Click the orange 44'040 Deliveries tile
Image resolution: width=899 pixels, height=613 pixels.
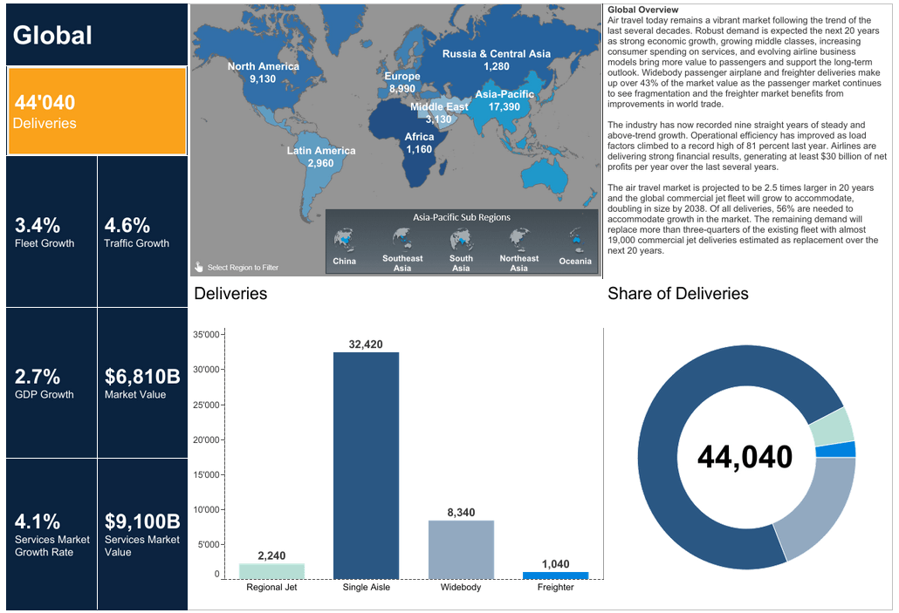pyautogui.click(x=96, y=112)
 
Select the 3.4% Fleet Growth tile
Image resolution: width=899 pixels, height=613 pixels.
pyautogui.click(x=51, y=232)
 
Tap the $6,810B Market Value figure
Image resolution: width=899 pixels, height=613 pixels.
pyautogui.click(x=142, y=377)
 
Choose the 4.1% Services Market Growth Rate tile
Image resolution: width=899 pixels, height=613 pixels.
pyautogui.click(x=51, y=533)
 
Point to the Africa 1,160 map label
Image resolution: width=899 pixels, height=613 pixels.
pyautogui.click(x=419, y=143)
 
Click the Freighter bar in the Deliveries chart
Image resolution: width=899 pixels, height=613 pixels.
pyautogui.click(x=555, y=576)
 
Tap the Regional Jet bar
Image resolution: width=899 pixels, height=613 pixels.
pyautogui.click(x=271, y=571)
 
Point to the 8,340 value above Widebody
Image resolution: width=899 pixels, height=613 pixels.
pyautogui.click(x=461, y=512)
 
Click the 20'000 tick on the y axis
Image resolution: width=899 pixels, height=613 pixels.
pyautogui.click(x=206, y=439)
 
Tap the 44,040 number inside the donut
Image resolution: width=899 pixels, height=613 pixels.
pyautogui.click(x=745, y=457)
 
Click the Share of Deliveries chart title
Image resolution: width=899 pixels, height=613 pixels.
pyautogui.click(x=677, y=294)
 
